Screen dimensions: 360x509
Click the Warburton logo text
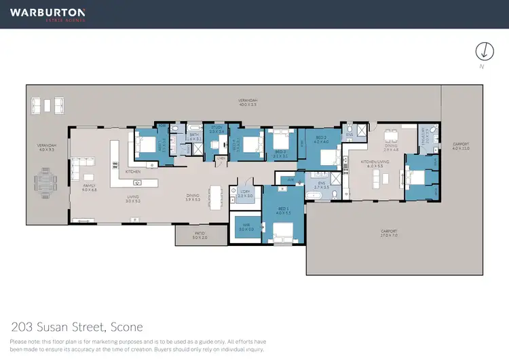pyautogui.click(x=47, y=12)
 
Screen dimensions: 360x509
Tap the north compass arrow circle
pyautogui.click(x=484, y=51)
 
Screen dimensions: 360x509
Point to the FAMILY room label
pyautogui.click(x=89, y=187)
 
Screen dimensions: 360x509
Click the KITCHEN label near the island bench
pyautogui.click(x=133, y=173)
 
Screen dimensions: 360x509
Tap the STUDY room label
pyautogui.click(x=216, y=128)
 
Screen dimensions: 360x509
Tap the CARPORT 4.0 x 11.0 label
pyautogui.click(x=461, y=145)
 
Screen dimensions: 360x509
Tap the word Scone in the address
pyautogui.click(x=127, y=327)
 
